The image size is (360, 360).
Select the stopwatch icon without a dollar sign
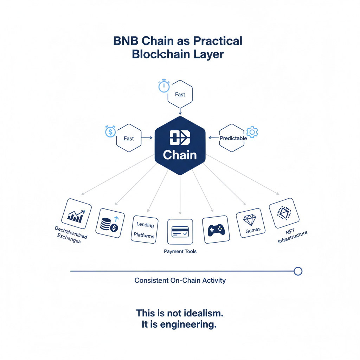164,86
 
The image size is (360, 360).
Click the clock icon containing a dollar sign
110,132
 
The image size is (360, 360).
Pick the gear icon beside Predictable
252,132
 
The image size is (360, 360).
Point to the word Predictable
233,138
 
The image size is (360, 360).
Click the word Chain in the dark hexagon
180,155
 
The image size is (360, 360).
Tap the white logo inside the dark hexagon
180,137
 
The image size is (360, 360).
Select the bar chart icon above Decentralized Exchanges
76,215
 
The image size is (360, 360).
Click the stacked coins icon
109,224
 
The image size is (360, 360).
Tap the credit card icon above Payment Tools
180,232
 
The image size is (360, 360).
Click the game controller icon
216,229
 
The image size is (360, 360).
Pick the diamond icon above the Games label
250,220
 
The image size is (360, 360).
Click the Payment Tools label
180,251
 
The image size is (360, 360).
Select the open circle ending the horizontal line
298,271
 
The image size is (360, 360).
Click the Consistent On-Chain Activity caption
180,281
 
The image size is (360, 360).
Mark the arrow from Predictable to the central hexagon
214,138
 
